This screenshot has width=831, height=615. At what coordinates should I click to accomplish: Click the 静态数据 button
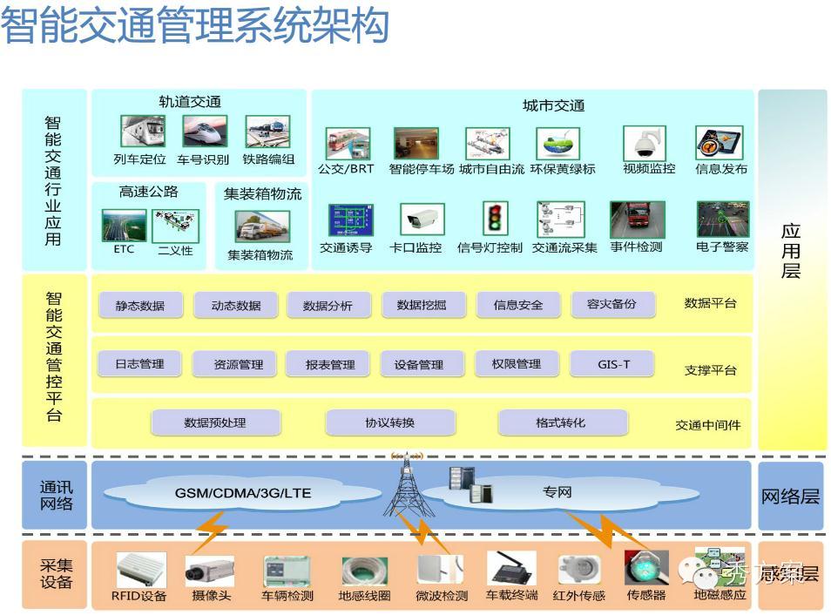point(139,306)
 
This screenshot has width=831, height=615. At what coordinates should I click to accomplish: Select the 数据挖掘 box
point(421,305)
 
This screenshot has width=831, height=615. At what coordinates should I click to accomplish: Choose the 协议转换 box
point(389,423)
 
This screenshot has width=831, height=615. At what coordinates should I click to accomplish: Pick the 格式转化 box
point(561,423)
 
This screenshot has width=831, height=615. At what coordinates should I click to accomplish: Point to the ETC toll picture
point(124,225)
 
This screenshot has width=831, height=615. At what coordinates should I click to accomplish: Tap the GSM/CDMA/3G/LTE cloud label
point(243,493)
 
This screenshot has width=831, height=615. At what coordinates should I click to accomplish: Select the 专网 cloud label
point(557,493)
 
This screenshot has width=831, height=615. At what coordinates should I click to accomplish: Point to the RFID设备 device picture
point(140,571)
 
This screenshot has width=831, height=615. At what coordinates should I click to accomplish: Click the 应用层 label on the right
point(790,251)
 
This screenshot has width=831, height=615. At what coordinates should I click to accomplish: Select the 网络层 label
point(790,497)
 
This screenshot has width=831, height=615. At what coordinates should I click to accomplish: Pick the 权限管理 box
point(517,364)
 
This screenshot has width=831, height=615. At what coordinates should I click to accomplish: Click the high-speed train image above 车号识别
point(204,132)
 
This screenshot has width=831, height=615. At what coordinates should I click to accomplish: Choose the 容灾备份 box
point(611,305)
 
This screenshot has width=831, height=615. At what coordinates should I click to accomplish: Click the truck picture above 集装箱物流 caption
point(261,226)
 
